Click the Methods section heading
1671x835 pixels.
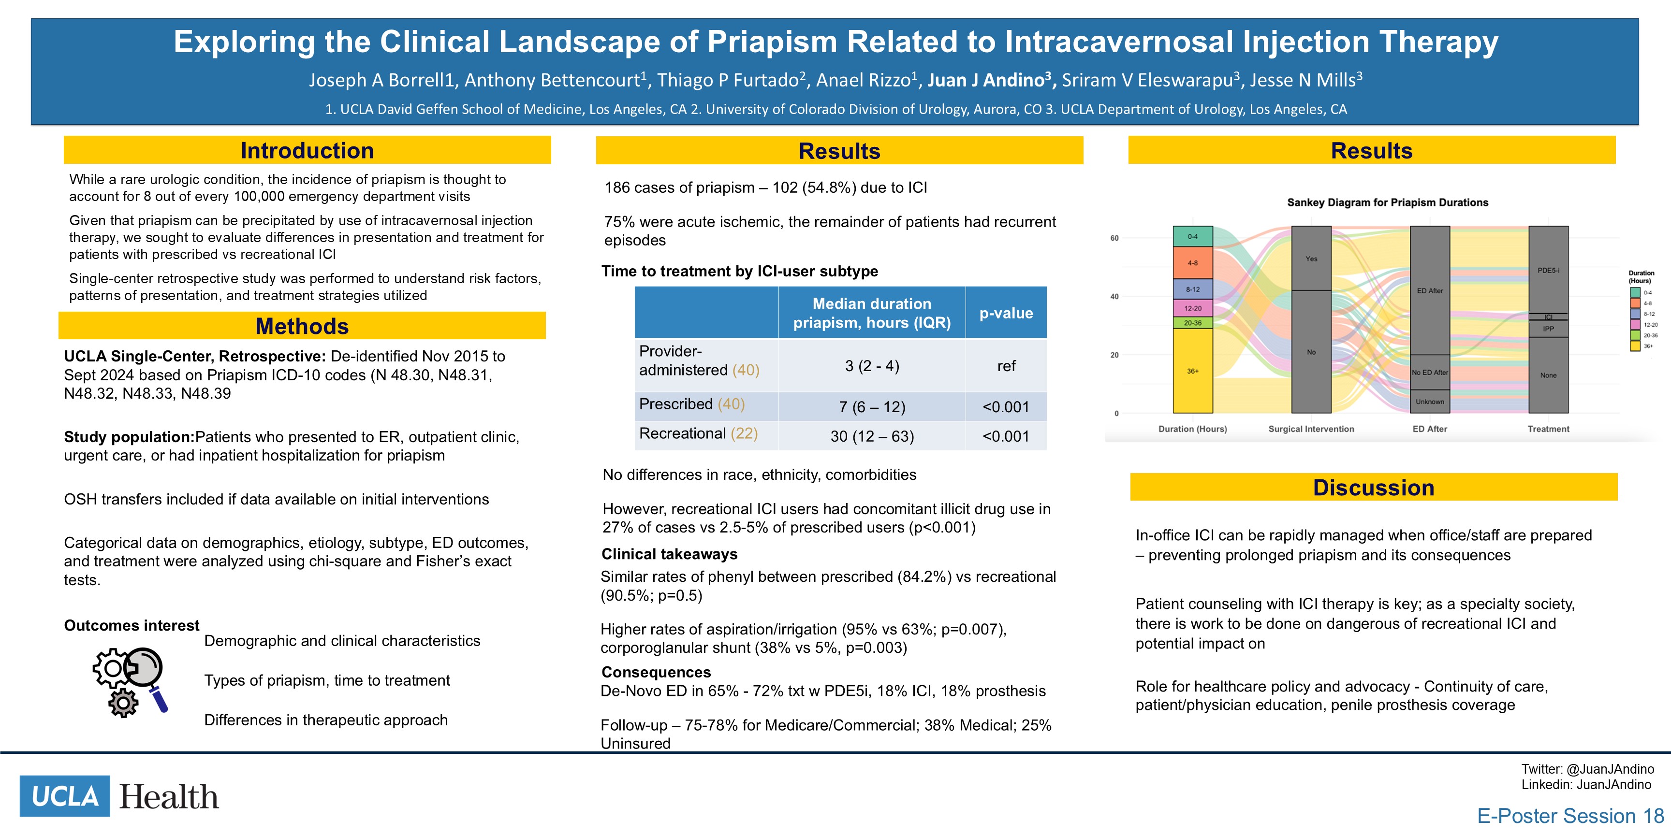pos(302,326)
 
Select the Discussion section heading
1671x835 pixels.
pos(1373,488)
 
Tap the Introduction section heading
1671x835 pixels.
pos(307,150)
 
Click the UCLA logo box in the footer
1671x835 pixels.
pos(65,796)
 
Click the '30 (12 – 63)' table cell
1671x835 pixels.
pos(872,436)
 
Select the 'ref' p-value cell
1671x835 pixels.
pos(1006,366)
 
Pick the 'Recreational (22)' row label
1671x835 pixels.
pos(699,434)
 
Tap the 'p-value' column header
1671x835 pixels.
pos(1006,313)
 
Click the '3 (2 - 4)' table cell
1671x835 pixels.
pos(872,366)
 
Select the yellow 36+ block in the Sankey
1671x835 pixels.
pos(1193,371)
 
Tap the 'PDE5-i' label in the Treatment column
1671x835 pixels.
pos(1548,270)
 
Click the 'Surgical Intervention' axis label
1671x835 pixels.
pos(1311,429)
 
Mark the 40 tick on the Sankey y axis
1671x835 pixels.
pos(1114,297)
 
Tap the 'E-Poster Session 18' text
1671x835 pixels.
pos(1570,816)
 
